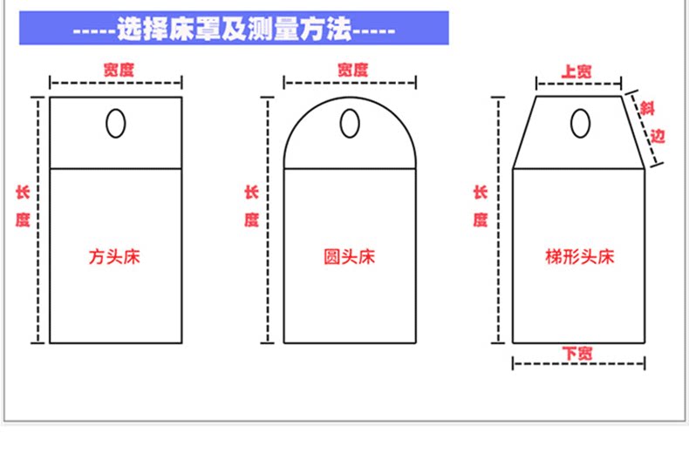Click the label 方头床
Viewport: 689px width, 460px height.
coord(115,257)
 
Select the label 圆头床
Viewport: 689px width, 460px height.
coord(349,257)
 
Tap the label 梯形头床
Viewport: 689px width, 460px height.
coord(580,257)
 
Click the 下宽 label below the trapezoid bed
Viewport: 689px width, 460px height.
coord(577,353)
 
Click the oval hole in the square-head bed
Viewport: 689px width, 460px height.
coord(115,124)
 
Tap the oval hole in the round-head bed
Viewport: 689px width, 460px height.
coord(350,124)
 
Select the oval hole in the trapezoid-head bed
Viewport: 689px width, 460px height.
coord(578,124)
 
